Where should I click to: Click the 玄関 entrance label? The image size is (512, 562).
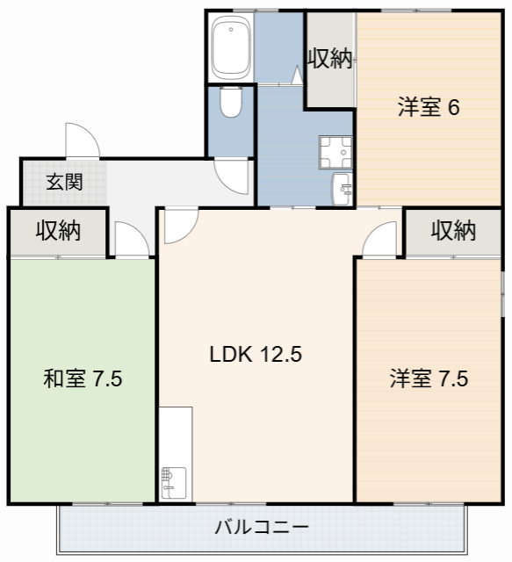point(64,183)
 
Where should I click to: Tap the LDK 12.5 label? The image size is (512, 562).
point(256,355)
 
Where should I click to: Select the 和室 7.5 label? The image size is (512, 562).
point(83,379)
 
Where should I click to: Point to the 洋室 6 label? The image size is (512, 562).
point(429,108)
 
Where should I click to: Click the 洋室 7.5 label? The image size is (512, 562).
point(429,379)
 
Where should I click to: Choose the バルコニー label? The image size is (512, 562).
point(262,528)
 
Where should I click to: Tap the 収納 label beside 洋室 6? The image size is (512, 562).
point(330,60)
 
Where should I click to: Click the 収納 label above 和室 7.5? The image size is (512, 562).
point(58,231)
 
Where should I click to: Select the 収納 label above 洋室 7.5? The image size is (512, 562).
point(453,231)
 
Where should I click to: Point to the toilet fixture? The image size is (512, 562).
point(231,104)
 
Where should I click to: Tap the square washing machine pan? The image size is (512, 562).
point(335,152)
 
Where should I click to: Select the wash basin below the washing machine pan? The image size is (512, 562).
point(342,187)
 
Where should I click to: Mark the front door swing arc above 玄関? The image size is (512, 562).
point(81,140)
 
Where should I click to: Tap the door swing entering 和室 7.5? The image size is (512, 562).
point(130,240)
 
